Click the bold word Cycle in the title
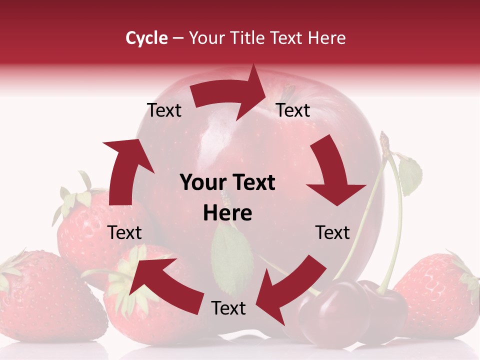[x=146, y=38]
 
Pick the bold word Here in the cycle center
[x=227, y=213]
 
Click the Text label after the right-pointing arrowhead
[x=293, y=110]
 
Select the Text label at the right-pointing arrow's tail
[x=164, y=110]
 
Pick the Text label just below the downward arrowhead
[x=332, y=232]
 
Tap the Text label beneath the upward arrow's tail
[x=124, y=232]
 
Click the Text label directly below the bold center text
[x=228, y=308]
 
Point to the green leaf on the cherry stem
[x=410, y=175]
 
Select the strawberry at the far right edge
[x=440, y=295]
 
